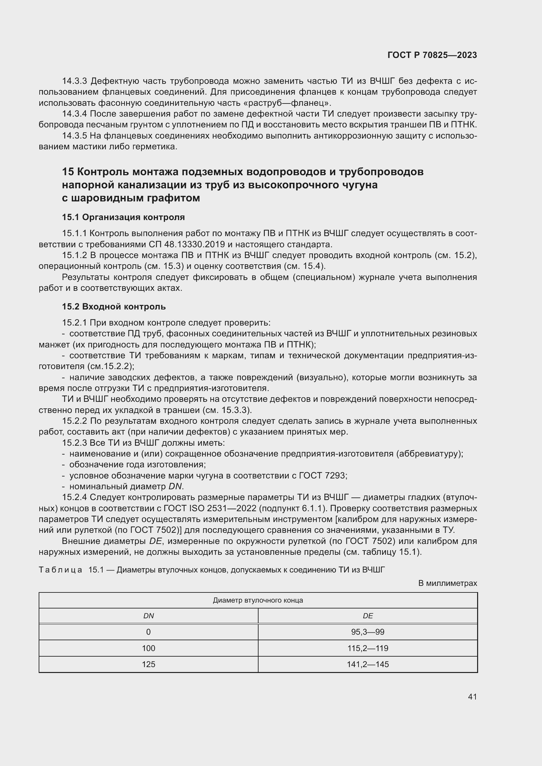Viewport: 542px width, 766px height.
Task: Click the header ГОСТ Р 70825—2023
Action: (432, 55)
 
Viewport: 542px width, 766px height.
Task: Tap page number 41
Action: (472, 697)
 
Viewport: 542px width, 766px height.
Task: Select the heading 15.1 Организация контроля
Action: (123, 217)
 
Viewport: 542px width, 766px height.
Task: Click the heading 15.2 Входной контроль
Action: (114, 306)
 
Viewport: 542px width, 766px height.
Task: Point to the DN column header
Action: (148, 616)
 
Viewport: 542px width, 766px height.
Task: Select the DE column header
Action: (368, 616)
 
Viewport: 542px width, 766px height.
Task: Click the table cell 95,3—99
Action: (368, 632)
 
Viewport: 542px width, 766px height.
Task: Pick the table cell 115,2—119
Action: (368, 648)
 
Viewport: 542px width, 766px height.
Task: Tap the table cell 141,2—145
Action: (368, 664)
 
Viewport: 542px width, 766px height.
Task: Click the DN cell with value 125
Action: (148, 664)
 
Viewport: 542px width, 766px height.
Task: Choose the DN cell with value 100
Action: (148, 648)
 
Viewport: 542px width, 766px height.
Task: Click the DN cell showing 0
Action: (148, 632)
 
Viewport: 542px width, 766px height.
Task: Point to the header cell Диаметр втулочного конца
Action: (258, 601)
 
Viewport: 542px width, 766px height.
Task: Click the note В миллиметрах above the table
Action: (448, 583)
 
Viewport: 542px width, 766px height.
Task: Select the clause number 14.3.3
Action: (74, 81)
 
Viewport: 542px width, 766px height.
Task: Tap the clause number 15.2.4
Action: (74, 497)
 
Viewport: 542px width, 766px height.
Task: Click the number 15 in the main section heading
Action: (68, 172)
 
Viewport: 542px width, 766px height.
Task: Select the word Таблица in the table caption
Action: (60, 570)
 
